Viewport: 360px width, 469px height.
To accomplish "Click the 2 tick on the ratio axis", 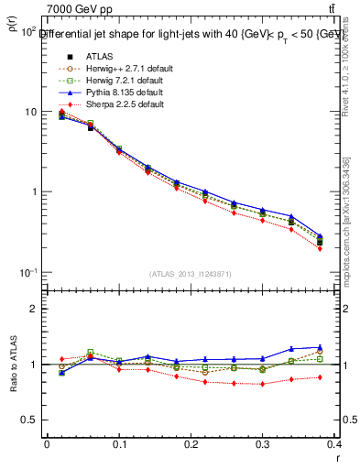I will tap(36, 309).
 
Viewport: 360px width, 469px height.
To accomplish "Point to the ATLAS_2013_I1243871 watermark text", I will tap(191, 275).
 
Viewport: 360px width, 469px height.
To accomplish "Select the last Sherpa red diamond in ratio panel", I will tap(345, 376).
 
